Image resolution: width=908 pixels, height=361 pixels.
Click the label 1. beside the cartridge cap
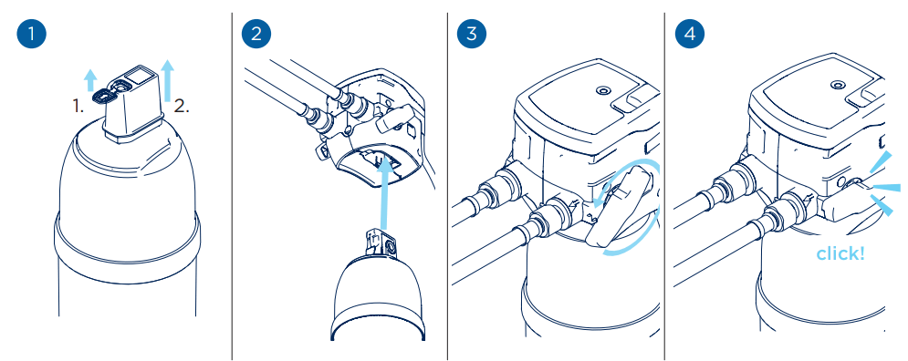click(x=79, y=106)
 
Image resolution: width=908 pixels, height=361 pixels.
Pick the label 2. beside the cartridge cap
click(x=182, y=106)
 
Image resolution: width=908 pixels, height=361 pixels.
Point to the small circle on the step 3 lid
click(x=601, y=91)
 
